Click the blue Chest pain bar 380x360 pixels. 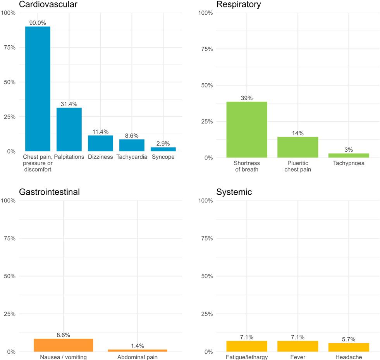(38, 89)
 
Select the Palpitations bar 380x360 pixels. (69, 129)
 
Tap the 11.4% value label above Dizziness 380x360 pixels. (100, 132)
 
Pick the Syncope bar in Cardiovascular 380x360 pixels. (163, 149)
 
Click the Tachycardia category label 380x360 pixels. (132, 157)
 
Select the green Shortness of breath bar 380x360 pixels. (247, 129)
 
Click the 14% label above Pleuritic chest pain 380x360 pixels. (297, 134)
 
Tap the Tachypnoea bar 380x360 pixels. (349, 155)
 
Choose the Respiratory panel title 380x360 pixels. (239, 5)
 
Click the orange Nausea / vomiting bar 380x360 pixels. (64, 345)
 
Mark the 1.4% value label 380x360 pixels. (138, 346)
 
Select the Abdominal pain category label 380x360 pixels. (138, 357)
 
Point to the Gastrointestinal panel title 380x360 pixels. (49, 192)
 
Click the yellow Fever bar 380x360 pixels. (297, 346)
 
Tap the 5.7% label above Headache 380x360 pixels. (349, 339)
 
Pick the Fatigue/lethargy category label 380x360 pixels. (247, 357)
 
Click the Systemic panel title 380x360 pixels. (234, 192)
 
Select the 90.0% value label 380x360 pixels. (38, 23)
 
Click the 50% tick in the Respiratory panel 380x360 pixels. (206, 85)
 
